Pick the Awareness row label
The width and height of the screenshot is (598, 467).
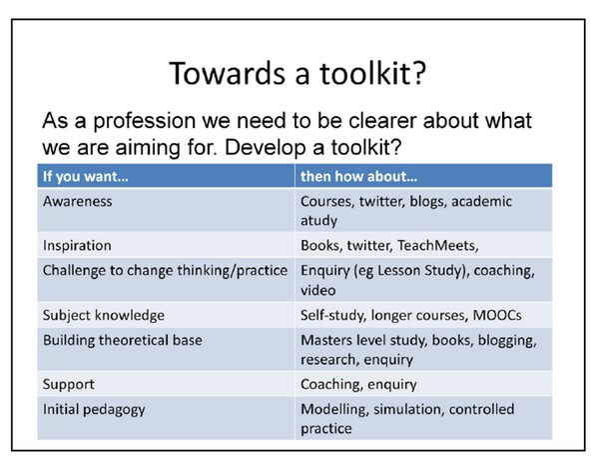tap(79, 201)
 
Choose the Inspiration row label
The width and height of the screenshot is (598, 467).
tap(77, 245)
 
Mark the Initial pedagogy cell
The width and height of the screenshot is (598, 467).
tap(95, 408)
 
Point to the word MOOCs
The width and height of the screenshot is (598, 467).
tap(518, 316)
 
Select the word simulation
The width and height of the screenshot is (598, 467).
tap(409, 408)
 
